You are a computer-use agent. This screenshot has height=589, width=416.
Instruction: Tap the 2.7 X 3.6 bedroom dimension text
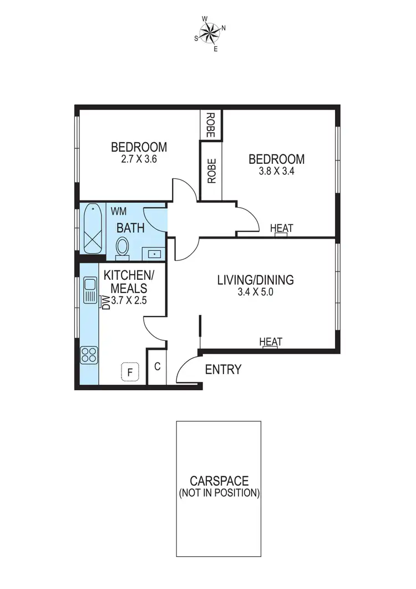[x=139, y=159]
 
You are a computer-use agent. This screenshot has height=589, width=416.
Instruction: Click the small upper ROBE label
[x=211, y=124]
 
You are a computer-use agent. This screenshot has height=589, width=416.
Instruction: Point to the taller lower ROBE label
[x=211, y=172]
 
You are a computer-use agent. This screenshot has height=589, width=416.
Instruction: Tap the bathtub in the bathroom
[x=92, y=229]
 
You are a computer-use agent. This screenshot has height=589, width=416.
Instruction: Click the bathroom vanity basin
[x=154, y=254]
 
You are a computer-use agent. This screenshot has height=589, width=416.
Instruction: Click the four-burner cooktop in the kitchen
[x=89, y=354]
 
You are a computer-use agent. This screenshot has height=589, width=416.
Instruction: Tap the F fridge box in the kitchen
[x=130, y=372]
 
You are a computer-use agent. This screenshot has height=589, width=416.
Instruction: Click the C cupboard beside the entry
[x=157, y=366]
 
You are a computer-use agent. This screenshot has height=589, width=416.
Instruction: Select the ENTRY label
[x=223, y=370]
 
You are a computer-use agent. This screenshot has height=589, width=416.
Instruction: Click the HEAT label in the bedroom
[x=281, y=228]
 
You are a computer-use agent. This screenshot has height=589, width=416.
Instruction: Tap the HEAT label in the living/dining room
[x=271, y=342]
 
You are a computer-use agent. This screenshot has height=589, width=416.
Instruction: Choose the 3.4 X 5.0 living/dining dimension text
[x=255, y=293]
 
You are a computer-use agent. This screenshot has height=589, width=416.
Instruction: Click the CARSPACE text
[x=219, y=481]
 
